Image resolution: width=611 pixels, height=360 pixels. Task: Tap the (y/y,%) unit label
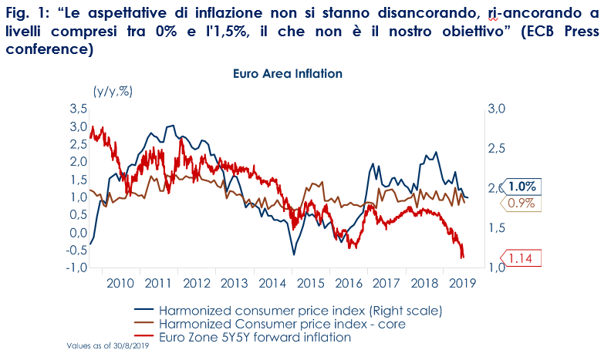pos(113,91)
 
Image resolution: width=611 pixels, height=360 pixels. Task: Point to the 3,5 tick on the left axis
pos(78,108)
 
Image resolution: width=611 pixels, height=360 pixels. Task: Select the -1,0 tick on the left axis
pos(76,267)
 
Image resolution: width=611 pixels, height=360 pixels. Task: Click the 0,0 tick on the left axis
pos(78,232)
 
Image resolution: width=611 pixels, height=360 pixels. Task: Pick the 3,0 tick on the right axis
pos(495,109)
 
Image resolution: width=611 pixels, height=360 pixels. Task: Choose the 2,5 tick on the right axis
pos(495,148)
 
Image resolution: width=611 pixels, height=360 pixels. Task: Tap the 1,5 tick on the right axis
pos(495,227)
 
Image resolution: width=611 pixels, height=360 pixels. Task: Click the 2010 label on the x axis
pos(122,283)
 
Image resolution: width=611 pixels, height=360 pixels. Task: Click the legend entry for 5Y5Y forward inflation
pos(255,337)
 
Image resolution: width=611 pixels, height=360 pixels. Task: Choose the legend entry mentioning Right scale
pos(300,310)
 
